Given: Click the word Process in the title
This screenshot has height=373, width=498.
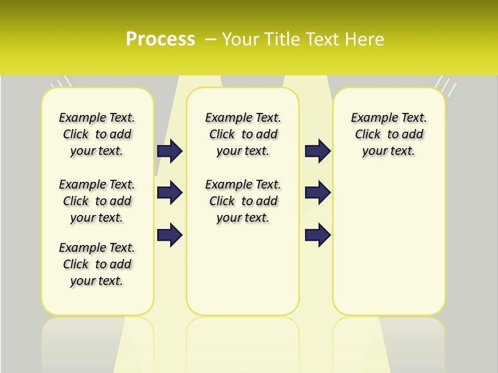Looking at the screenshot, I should point(160,39).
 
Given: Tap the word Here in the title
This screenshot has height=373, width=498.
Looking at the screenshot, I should point(366,39).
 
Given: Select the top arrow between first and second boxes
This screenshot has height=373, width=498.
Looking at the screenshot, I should point(170,151).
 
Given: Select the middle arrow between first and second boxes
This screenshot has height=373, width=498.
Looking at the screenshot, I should point(170,193).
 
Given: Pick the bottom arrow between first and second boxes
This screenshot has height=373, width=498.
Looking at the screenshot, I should point(170,235).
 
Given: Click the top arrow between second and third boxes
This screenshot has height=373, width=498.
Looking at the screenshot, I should point(317,151).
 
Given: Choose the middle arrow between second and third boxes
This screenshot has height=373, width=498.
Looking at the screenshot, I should point(317,193).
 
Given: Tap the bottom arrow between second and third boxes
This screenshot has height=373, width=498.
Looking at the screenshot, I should point(317,235).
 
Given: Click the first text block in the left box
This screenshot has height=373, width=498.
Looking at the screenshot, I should point(97,134).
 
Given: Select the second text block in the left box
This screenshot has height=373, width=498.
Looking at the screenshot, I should point(97,201).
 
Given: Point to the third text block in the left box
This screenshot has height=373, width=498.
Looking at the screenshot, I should point(97,264).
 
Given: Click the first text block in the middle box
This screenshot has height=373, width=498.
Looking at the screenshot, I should point(243,134).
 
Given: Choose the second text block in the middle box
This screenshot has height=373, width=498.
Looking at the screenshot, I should point(243,201).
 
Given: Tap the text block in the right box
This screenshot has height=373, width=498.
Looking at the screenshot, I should point(389,134).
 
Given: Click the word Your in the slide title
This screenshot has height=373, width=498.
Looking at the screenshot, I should point(241,39).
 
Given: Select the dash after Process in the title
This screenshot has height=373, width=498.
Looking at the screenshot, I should point(211,39).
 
